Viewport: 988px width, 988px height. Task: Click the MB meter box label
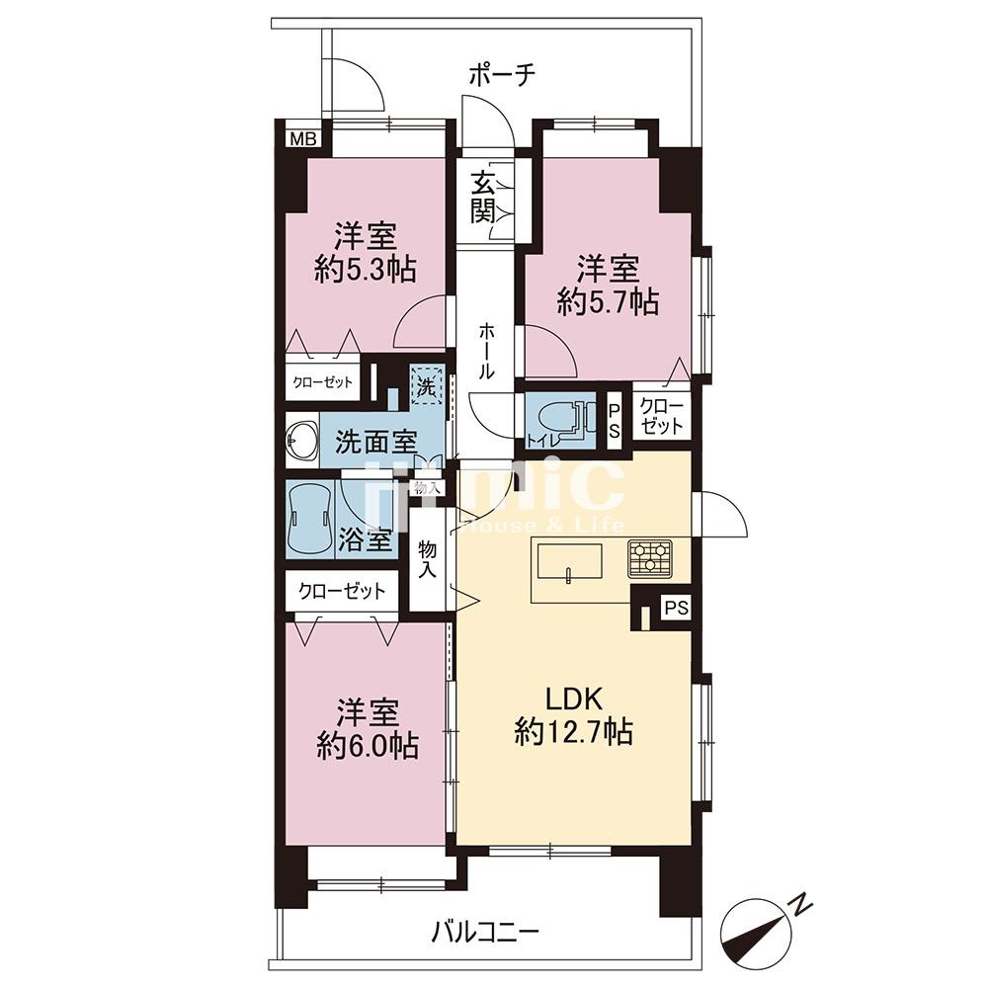303,138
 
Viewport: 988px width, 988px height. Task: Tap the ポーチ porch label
502,75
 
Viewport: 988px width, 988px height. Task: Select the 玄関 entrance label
483,198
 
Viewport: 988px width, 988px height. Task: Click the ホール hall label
486,351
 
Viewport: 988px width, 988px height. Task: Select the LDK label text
574,699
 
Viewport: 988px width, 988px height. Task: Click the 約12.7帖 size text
574,732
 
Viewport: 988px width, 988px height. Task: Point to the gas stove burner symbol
650,558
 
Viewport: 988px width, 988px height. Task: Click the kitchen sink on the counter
570,560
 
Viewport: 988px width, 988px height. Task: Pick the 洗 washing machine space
427,385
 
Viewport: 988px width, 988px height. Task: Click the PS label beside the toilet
614,421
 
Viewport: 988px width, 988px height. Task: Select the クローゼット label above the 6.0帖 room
342,591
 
